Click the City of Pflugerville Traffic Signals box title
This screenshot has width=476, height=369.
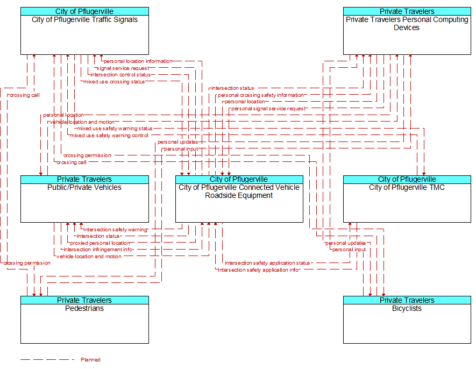point(84,20)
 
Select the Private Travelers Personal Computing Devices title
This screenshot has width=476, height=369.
point(407,23)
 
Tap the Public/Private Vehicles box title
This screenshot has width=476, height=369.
point(84,187)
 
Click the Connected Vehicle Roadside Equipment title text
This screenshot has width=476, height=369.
point(239,191)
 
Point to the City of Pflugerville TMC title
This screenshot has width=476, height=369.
point(407,187)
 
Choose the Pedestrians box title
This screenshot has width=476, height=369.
point(84,308)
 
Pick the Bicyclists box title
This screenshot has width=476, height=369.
point(407,308)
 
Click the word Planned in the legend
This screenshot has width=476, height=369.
point(90,359)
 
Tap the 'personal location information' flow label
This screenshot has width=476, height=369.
point(138,61)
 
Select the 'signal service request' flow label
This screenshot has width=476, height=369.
point(123,68)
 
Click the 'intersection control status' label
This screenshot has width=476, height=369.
point(120,75)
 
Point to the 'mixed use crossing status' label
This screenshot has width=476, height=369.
point(114,82)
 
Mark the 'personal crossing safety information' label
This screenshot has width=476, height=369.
point(261,95)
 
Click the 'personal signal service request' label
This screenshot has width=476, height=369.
point(268,109)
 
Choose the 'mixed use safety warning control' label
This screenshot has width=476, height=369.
point(109,136)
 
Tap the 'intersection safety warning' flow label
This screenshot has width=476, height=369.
point(115,230)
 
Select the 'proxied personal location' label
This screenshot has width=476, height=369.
point(100,243)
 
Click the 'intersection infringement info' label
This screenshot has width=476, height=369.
point(98,250)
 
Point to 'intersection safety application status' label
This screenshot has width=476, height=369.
point(267,263)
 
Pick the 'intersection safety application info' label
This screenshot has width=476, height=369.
point(259,269)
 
